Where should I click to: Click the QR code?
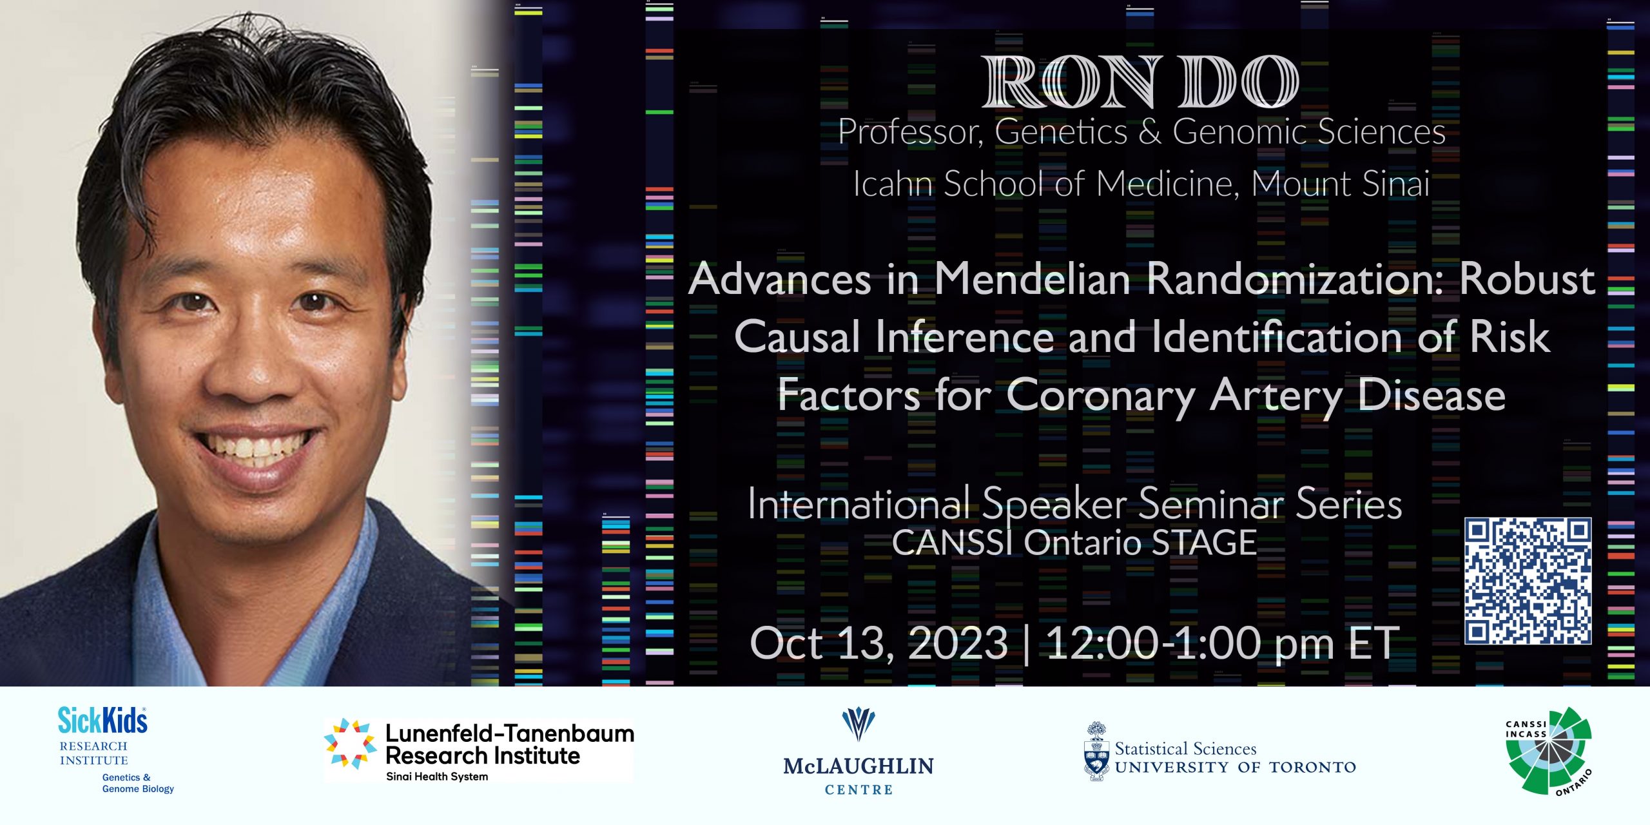coord(1528,581)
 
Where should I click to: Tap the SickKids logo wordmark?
coord(102,721)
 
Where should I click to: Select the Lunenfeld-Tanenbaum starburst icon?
coord(350,744)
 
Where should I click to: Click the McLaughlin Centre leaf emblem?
coord(859,724)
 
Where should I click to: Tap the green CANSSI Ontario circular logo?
coord(1549,751)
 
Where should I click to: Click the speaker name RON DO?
coord(1140,82)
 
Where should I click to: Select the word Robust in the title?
coord(1527,279)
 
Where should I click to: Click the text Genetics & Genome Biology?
coord(138,783)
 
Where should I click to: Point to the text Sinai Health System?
coord(437,777)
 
